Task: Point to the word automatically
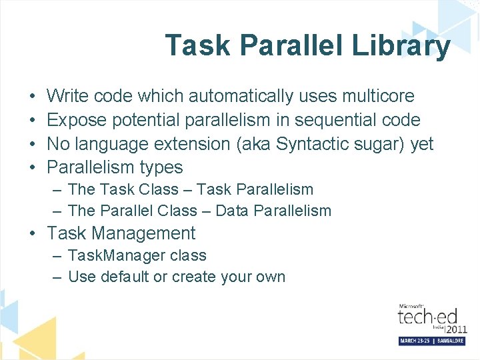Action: pyautogui.click(x=241, y=97)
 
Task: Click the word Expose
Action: pyautogui.click(x=76, y=120)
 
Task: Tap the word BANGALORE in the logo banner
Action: pyautogui.click(x=448, y=341)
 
